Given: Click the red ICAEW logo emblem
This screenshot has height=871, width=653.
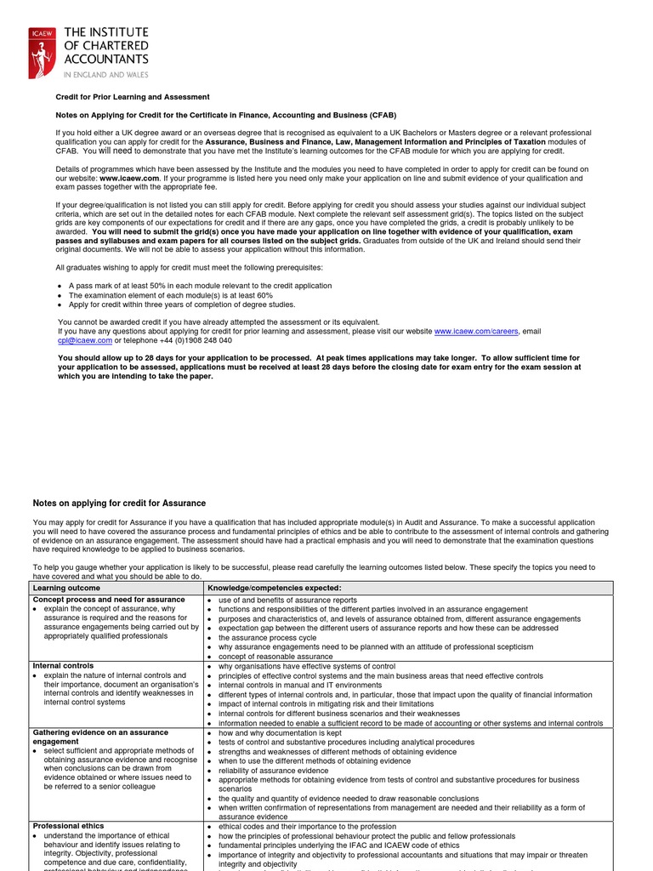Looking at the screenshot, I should (x=39, y=52).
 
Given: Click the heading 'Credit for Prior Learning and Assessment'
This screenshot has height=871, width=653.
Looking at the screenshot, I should (x=133, y=97).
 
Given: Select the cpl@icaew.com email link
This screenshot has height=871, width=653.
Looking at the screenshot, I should (x=84, y=340).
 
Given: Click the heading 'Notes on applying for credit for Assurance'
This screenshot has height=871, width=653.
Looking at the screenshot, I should (x=119, y=504).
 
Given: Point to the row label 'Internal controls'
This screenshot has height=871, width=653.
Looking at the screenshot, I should (x=63, y=665).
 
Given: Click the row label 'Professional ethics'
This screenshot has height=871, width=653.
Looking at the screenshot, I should (x=67, y=826).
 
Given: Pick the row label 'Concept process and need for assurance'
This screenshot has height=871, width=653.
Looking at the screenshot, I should (x=108, y=600).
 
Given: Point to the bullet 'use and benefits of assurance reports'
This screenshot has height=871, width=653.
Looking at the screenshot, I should (x=287, y=600).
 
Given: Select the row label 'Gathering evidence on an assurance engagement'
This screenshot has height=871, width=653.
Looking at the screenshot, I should (x=100, y=737).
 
